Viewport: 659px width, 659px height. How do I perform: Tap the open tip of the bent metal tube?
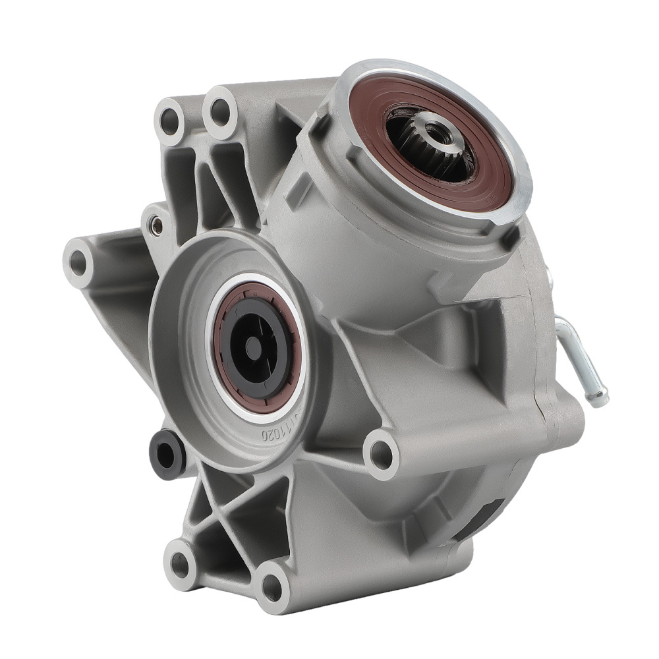[x=600, y=399]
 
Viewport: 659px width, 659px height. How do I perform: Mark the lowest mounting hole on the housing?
[x=271, y=584]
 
